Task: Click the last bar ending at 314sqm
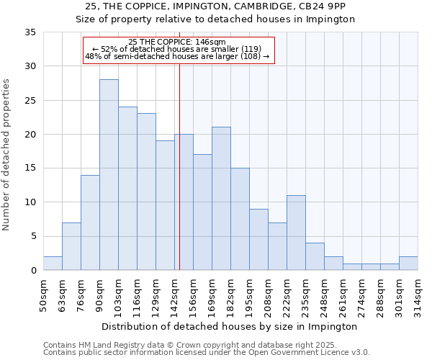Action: (x=408, y=264)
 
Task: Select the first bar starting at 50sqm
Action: (x=53, y=264)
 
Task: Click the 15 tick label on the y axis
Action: (x=31, y=168)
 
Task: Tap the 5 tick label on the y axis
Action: (x=33, y=236)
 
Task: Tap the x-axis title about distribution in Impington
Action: (x=230, y=326)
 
